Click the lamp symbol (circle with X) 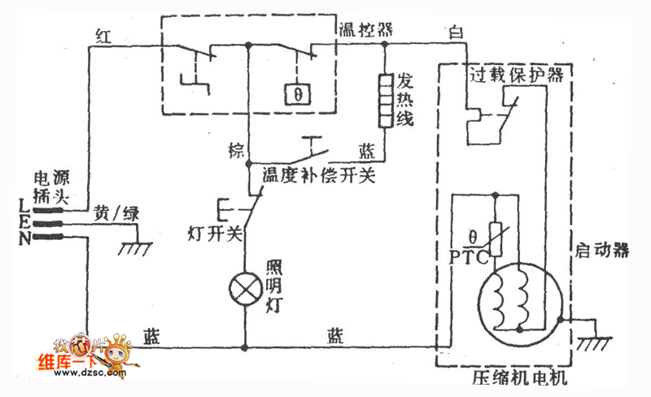point(245,288)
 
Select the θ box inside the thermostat point(298,94)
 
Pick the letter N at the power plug point(22,238)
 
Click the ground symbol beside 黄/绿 point(135,245)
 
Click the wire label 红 point(103,35)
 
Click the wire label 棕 point(236,151)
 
